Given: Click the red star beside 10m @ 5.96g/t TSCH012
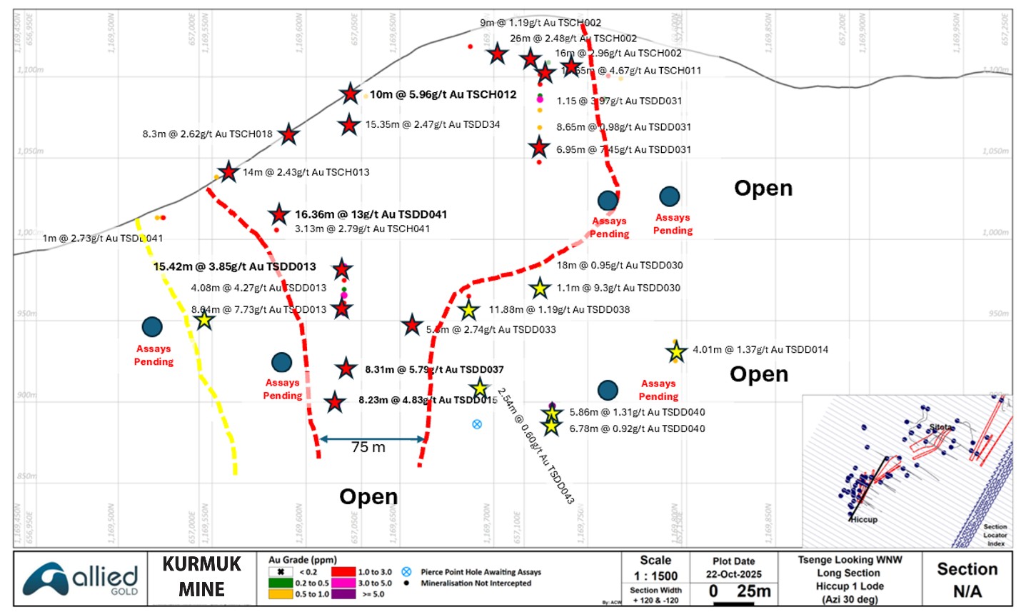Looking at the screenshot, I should click(x=350, y=94).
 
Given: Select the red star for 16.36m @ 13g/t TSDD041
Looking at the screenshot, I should click(x=278, y=214).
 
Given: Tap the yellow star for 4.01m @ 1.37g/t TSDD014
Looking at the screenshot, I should click(x=676, y=351).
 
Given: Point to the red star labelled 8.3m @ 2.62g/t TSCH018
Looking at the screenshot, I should click(x=288, y=134).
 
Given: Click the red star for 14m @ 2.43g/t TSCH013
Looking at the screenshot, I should click(x=228, y=171).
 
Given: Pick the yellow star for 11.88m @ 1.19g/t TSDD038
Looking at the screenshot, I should click(x=468, y=311).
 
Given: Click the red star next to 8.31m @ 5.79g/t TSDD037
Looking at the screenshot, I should click(x=346, y=369).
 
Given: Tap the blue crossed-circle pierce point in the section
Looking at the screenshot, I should click(x=477, y=424).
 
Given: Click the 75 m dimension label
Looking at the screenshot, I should click(x=368, y=448).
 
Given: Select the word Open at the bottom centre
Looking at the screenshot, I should click(x=368, y=497).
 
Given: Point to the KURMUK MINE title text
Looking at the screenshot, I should click(x=202, y=577).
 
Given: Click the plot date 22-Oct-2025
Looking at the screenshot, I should click(x=734, y=574).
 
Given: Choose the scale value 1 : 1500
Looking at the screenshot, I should click(x=655, y=576).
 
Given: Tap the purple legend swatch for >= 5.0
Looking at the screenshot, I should click(x=343, y=594).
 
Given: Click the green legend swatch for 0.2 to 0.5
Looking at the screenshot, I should click(x=281, y=583).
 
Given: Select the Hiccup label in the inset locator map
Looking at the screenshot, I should click(x=864, y=520).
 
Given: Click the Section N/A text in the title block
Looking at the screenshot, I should click(x=967, y=579).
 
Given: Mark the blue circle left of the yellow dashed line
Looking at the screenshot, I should click(x=152, y=327).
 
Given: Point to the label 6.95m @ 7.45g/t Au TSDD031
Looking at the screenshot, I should click(x=624, y=150).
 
